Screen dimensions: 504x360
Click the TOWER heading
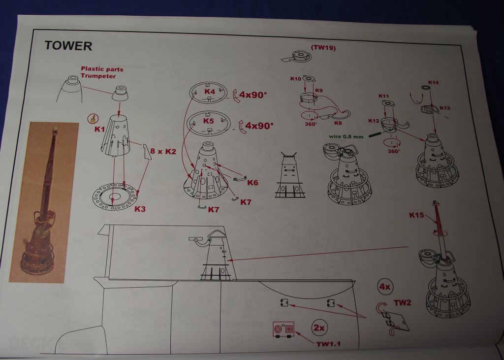[x=68, y=46]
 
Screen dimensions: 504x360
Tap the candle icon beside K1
[x=92, y=119]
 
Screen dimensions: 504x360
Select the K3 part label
[x=140, y=209]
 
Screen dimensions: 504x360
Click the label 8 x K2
[x=163, y=151]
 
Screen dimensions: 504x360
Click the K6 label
[x=252, y=183]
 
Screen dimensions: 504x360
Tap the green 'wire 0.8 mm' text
[x=346, y=136]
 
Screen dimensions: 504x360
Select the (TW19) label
[x=323, y=48]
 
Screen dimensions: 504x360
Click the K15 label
[x=416, y=215]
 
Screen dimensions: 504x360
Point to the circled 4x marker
[x=385, y=287]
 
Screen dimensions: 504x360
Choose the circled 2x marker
[x=319, y=328]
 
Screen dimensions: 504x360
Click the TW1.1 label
[x=328, y=344]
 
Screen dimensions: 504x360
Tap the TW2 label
[x=402, y=303]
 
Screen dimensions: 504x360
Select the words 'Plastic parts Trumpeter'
[x=102, y=72]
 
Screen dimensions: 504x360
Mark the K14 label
[x=433, y=82]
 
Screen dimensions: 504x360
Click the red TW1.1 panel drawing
[x=283, y=329]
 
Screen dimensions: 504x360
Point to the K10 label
[x=296, y=78]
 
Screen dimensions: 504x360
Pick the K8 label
[x=338, y=123]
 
